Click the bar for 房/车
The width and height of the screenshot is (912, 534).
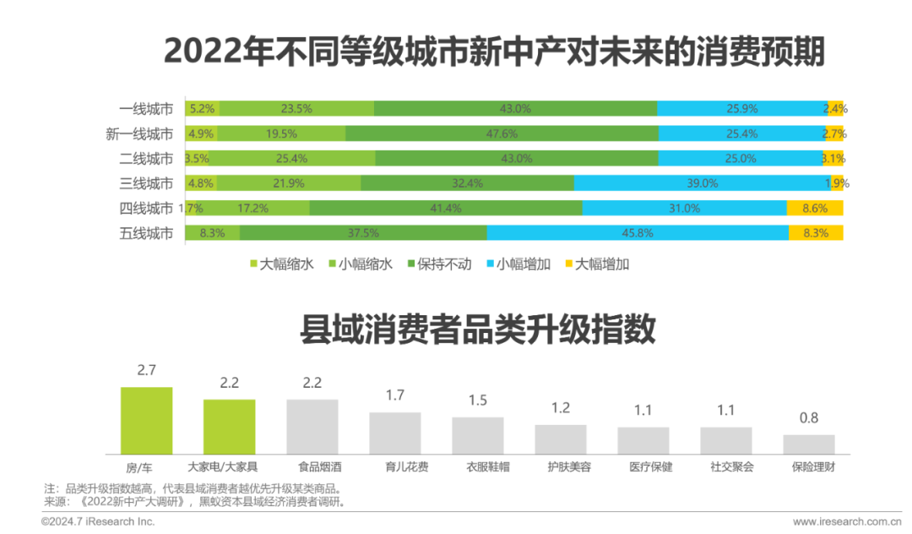(146, 420)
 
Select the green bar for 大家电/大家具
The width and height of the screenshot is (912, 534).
(229, 427)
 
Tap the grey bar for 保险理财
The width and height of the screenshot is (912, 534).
(808, 444)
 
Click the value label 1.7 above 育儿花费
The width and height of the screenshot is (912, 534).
(394, 395)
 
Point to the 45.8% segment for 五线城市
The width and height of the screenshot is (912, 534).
(638, 233)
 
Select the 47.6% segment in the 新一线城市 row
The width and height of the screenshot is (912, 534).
(502, 133)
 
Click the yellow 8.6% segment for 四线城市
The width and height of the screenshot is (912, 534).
(814, 208)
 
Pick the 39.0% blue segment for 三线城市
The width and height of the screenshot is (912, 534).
(701, 183)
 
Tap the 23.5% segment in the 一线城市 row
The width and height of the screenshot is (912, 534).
(296, 108)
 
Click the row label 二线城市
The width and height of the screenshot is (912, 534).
(146, 159)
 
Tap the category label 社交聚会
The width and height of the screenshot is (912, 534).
(725, 466)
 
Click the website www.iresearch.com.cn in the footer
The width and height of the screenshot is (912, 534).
(847, 521)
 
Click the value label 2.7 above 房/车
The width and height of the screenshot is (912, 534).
(146, 370)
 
